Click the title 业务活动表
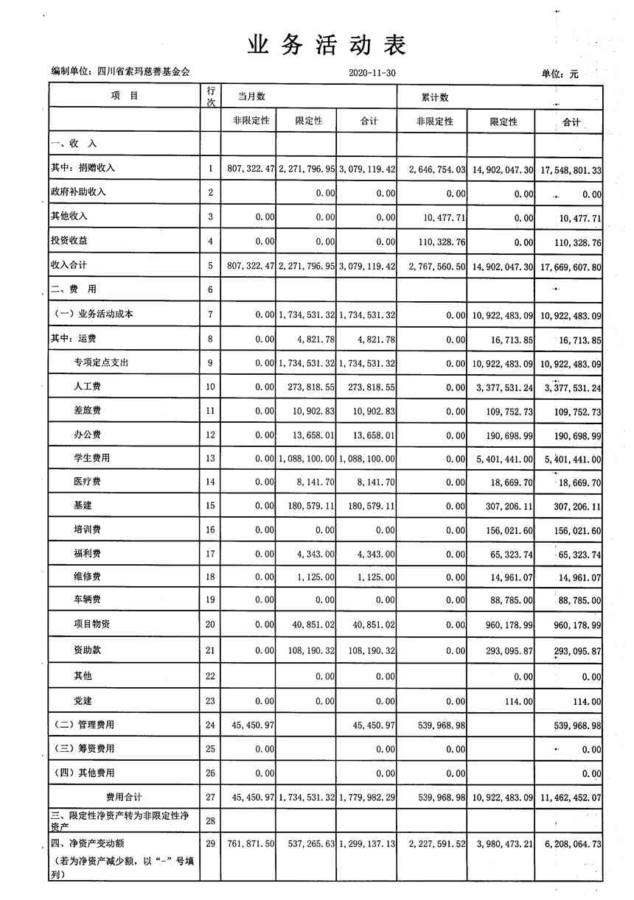coord(327,46)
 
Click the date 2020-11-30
coord(371,73)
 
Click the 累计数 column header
coord(435,97)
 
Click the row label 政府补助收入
coord(79,192)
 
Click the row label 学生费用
coord(91,458)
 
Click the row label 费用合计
coord(124,797)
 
